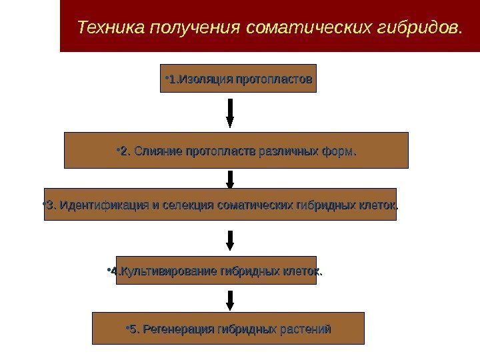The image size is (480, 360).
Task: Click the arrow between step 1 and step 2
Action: pyautogui.click(x=230, y=112)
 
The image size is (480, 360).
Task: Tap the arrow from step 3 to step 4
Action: pyautogui.click(x=230, y=241)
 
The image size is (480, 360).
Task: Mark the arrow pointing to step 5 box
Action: pyautogui.click(x=230, y=299)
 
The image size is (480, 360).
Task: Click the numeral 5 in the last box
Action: pyautogui.click(x=133, y=329)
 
